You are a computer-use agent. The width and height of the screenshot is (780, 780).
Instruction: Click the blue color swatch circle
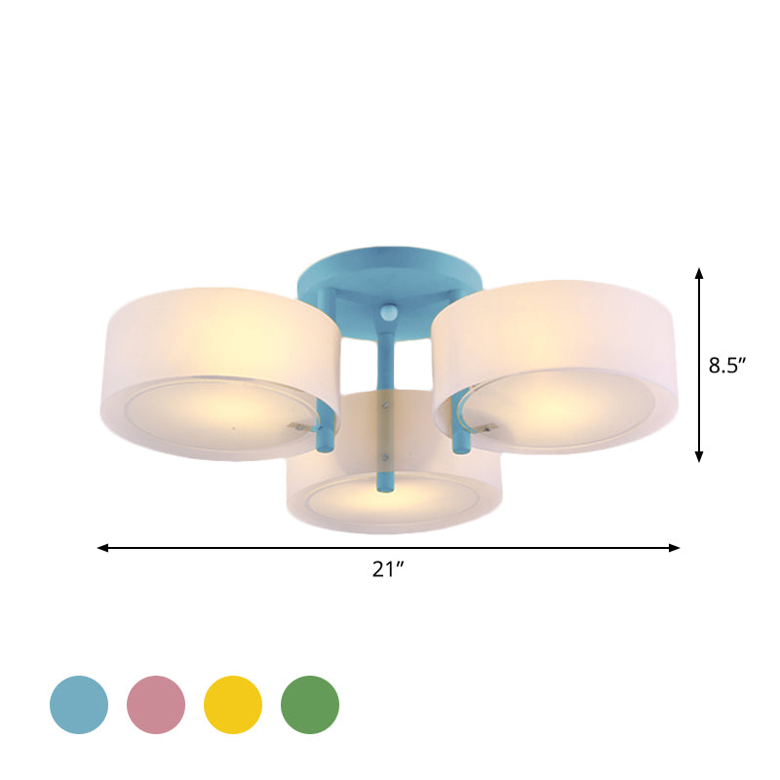[x=79, y=704]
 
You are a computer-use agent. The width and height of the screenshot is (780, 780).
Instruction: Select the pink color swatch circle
[x=156, y=704]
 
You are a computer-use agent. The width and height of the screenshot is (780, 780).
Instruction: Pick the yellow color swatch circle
[x=233, y=704]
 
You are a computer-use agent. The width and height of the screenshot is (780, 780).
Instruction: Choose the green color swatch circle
[x=310, y=704]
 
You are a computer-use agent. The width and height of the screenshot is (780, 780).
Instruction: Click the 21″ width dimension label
[x=388, y=570]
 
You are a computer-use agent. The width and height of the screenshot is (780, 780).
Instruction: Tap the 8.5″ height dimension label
[x=727, y=367]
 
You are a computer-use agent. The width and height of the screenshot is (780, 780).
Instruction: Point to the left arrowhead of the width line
[x=102, y=548]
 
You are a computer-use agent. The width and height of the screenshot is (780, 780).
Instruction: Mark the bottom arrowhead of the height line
[x=699, y=456]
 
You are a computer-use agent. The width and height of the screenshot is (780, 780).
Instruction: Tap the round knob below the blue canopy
[x=389, y=314]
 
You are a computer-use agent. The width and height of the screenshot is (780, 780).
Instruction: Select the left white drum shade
[x=219, y=370]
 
